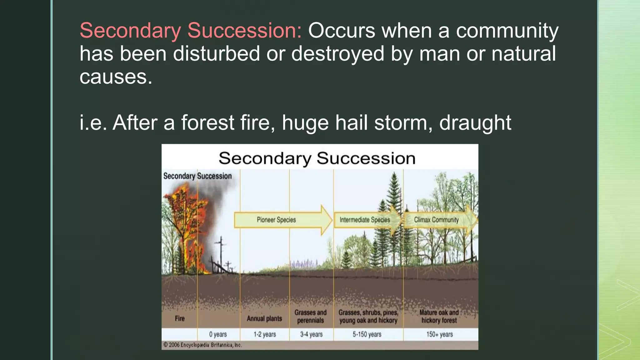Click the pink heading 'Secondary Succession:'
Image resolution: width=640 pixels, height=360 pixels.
[191, 31]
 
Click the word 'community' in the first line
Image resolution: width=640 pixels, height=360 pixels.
[507, 31]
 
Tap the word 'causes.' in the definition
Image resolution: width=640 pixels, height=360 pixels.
[116, 77]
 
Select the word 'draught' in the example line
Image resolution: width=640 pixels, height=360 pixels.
[475, 122]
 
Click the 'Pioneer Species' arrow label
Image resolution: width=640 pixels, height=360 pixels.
[276, 220]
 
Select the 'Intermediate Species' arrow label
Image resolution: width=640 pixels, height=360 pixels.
[365, 220]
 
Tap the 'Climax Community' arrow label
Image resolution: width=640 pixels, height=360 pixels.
[436, 220]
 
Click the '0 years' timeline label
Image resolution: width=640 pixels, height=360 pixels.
[218, 334]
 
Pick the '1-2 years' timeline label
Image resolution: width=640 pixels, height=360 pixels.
[264, 334]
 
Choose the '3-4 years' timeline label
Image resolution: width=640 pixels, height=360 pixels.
[311, 334]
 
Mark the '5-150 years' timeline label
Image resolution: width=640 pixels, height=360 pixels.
[367, 334]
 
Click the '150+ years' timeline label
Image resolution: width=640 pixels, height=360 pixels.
[439, 334]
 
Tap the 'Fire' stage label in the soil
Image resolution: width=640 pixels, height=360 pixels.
[180, 318]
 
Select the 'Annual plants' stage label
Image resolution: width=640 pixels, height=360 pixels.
[264, 318]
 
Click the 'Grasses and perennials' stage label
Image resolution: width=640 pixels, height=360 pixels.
[310, 316]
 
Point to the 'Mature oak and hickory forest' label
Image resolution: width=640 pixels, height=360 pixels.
[439, 316]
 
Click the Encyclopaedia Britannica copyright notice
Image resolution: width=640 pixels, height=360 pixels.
[202, 345]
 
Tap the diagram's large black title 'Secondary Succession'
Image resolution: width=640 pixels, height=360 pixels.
[317, 158]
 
